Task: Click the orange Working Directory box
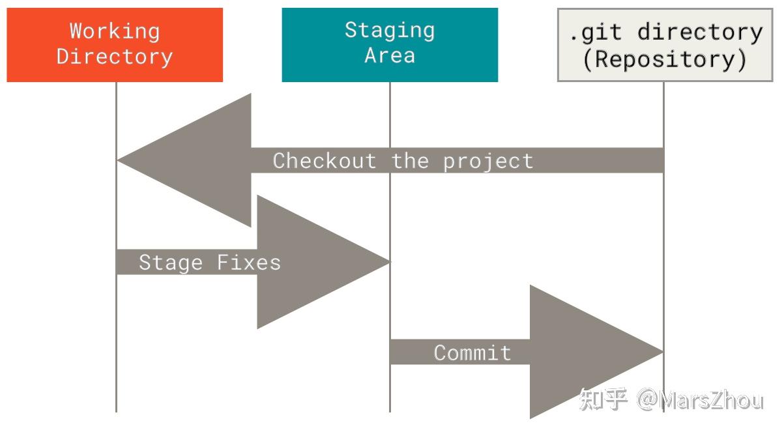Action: pos(115,44)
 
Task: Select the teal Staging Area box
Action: pos(390,44)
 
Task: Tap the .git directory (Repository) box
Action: pos(665,44)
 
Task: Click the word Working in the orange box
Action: pos(115,31)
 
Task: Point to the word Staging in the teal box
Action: pos(390,30)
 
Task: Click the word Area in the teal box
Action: pos(390,55)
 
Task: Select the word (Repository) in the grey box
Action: pos(665,59)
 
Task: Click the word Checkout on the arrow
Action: pos(324,160)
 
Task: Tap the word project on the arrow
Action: pos(488,160)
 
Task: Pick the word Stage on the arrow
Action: pos(171,263)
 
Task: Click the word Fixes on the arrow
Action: pos(248,263)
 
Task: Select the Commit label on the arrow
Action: pos(472,353)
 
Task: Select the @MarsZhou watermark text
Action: pos(700,399)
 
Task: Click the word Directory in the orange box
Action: pos(115,56)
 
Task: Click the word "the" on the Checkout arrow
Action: pos(410,160)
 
